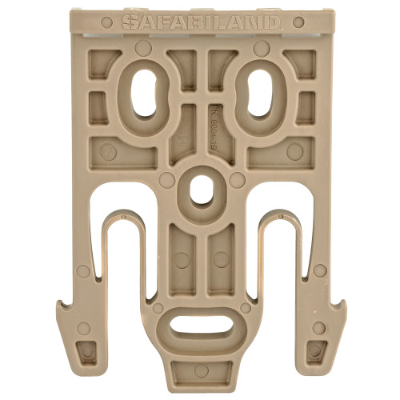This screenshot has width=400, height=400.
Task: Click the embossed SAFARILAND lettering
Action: coord(201,22)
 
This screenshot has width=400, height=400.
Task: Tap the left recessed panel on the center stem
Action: coord(182,256)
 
